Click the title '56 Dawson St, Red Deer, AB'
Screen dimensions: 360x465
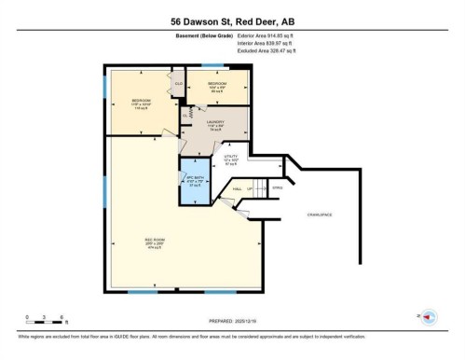coord(232,21)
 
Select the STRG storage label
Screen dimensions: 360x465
coord(276,186)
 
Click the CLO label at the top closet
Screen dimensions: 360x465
coord(179,84)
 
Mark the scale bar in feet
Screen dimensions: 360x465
coord(44,321)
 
